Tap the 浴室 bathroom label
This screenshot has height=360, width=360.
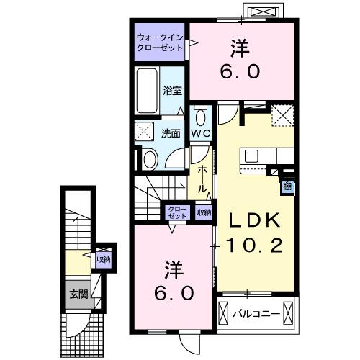pyautogui.click(x=171, y=91)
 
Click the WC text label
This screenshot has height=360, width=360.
pyautogui.click(x=200, y=134)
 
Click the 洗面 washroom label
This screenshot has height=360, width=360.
pyautogui.click(x=171, y=133)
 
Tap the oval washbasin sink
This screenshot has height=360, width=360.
pyautogui.click(x=149, y=159)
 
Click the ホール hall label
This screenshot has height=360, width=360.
pyautogui.click(x=203, y=179)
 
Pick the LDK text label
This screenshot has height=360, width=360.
pyautogui.click(x=251, y=220)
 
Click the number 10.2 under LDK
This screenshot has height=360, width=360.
pyautogui.click(x=251, y=245)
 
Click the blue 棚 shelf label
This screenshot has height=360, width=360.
pyautogui.click(x=287, y=187)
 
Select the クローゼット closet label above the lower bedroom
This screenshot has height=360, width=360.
pyautogui.click(x=177, y=212)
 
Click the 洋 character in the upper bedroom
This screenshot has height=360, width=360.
pyautogui.click(x=240, y=49)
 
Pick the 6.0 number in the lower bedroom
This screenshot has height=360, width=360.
pyautogui.click(x=174, y=294)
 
